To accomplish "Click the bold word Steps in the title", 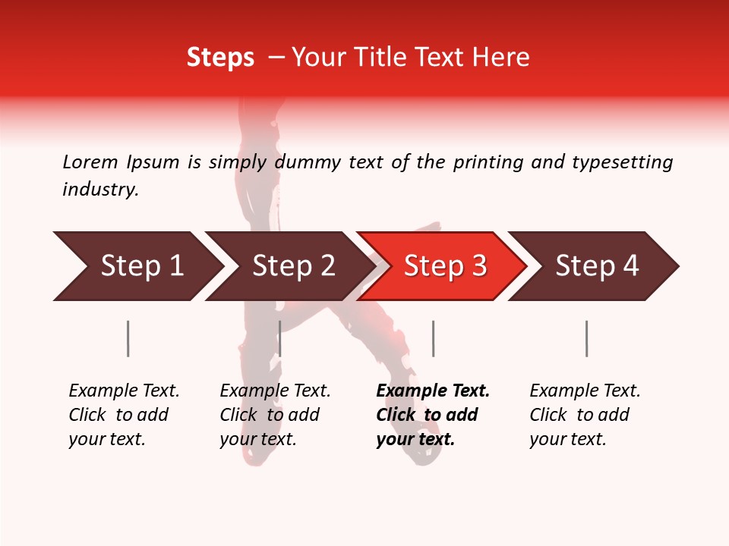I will [x=220, y=58].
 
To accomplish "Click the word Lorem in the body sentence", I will [x=90, y=162].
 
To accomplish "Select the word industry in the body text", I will [x=100, y=190].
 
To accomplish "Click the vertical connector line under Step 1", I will [x=128, y=338].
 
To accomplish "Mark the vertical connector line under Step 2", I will [x=280, y=338].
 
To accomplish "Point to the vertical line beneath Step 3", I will [x=433, y=338].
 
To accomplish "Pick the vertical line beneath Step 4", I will [x=586, y=338].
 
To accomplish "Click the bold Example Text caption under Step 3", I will [x=433, y=391].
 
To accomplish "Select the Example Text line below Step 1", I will [x=124, y=391].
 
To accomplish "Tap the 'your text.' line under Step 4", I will [x=567, y=440].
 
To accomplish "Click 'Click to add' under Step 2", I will [x=270, y=416].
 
